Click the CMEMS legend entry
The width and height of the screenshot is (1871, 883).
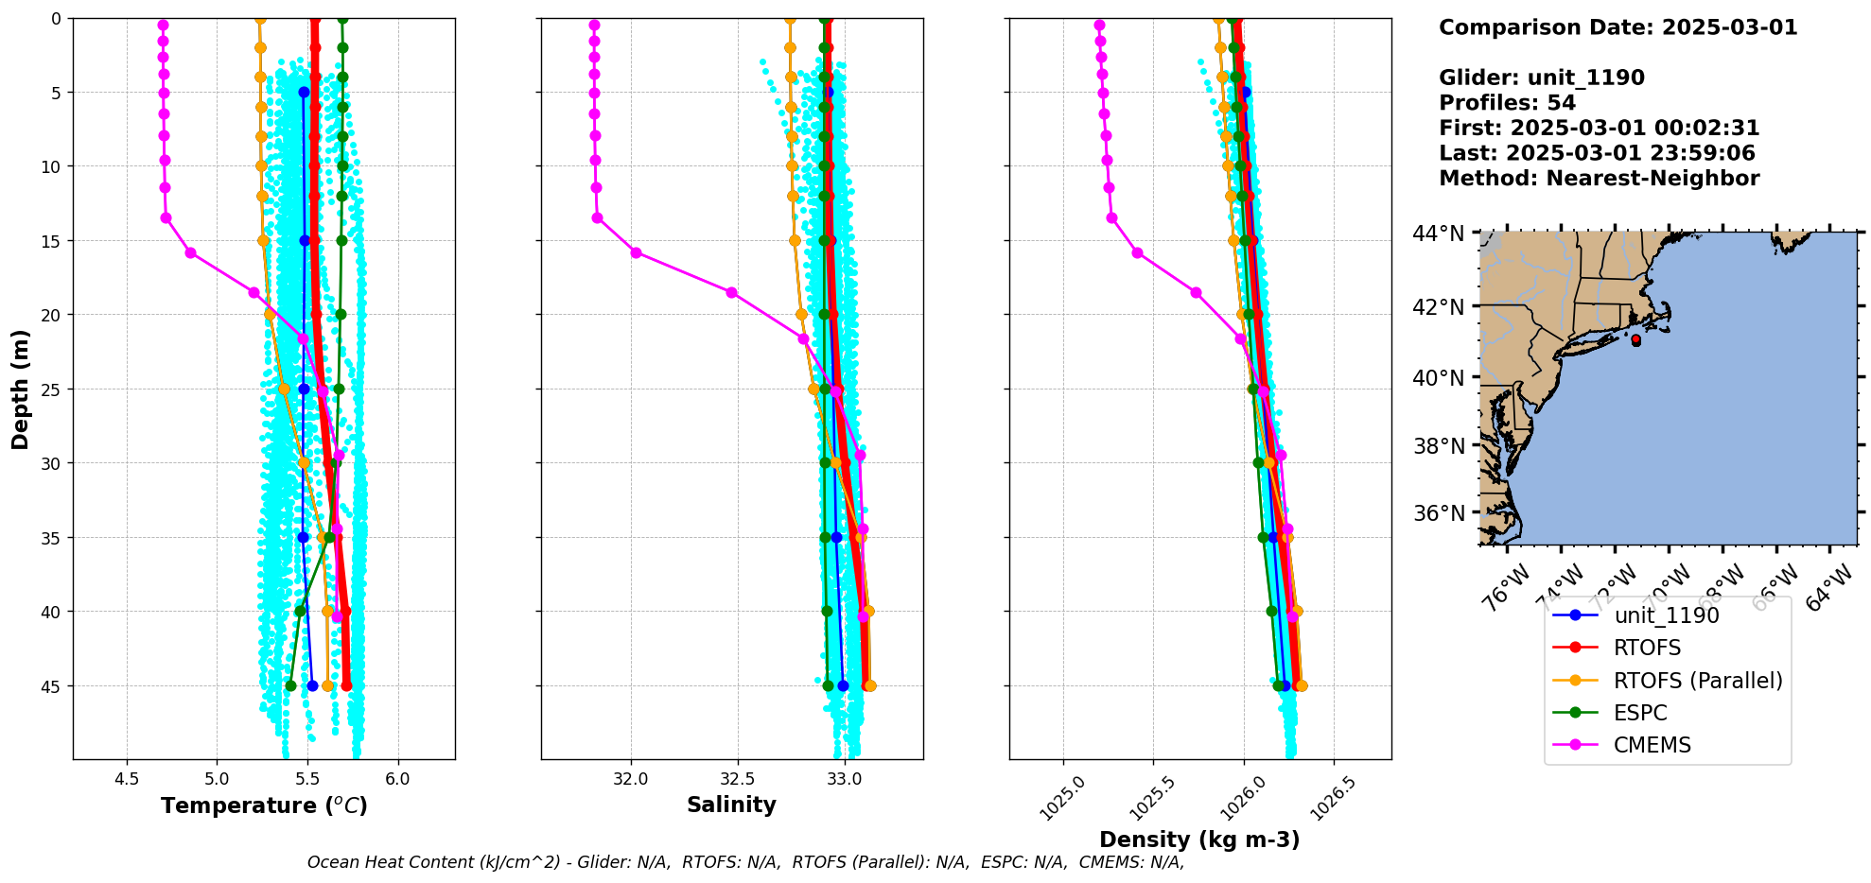[1652, 745]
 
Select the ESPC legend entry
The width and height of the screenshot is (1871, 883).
[1640, 713]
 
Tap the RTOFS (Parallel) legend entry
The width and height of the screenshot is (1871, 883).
[1698, 681]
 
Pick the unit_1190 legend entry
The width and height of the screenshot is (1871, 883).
[1666, 615]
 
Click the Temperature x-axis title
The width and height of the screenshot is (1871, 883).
[264, 806]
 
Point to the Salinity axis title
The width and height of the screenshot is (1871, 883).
[731, 805]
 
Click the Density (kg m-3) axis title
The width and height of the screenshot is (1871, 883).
[1199, 840]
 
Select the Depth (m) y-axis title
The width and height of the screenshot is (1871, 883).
[21, 390]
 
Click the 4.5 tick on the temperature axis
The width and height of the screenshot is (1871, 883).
[127, 779]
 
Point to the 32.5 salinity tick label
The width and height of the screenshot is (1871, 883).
[737, 779]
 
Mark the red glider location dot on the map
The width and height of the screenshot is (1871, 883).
[1635, 339]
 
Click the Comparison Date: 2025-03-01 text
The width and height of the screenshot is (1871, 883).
[1617, 27]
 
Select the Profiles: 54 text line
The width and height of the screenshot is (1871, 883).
[1507, 103]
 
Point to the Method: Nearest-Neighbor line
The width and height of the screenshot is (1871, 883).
[1599, 179]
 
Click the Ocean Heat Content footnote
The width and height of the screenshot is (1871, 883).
[745, 862]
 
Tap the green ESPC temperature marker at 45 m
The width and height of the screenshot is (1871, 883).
[290, 685]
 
